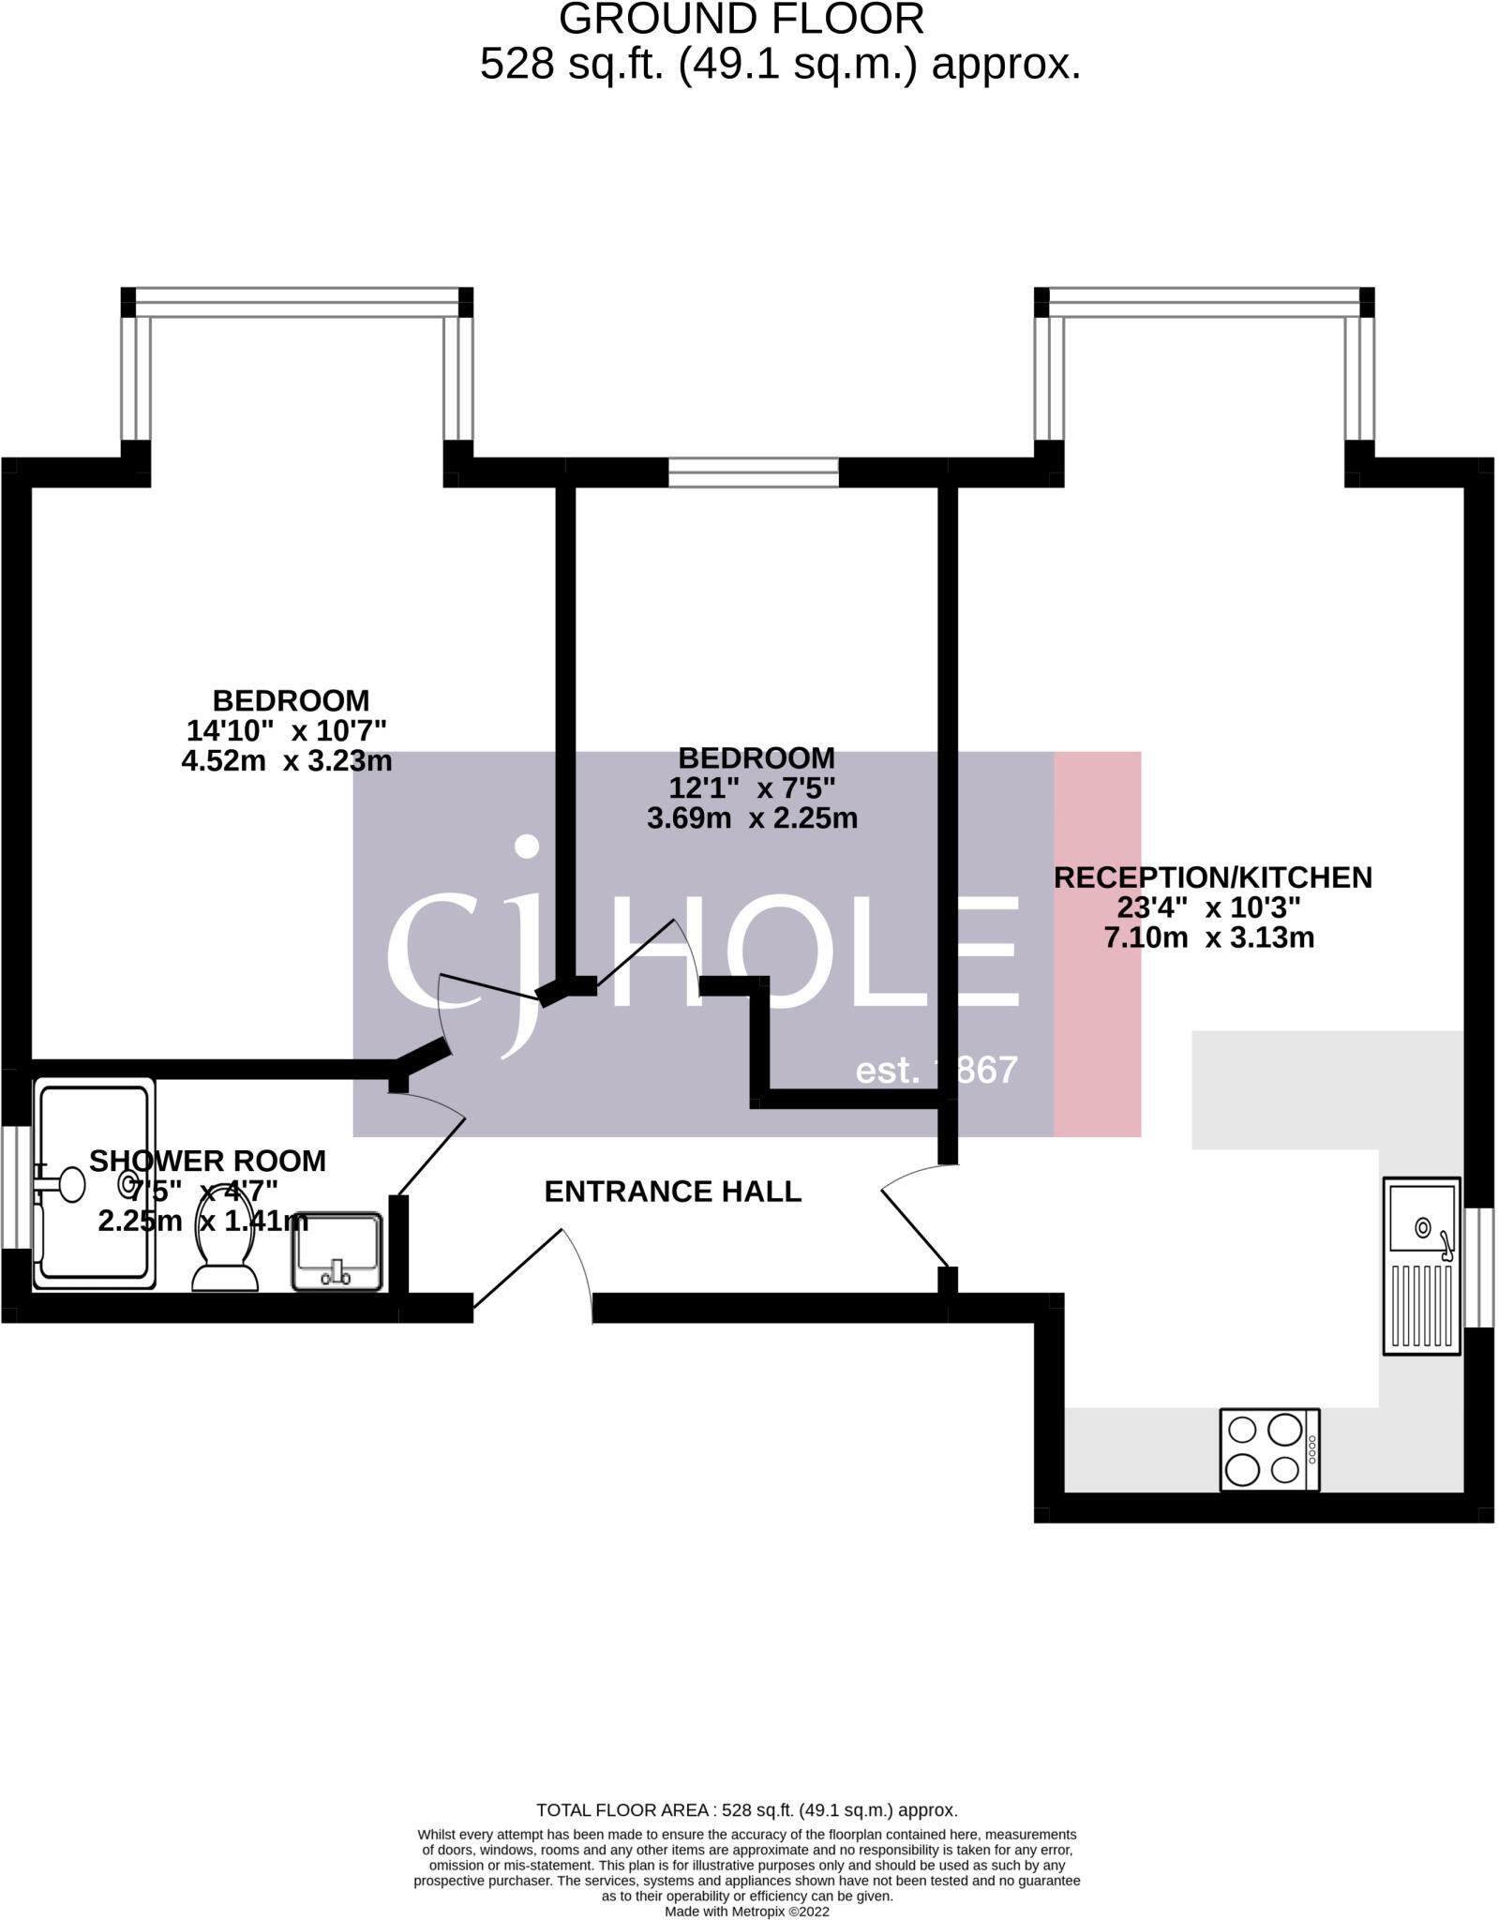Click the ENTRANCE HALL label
[672, 1192]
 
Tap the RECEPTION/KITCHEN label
[1212, 877]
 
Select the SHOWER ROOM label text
[207, 1161]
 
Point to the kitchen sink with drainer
[1421, 1266]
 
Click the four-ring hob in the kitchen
[1268, 1449]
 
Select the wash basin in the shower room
[337, 1252]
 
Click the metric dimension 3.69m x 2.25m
[752, 818]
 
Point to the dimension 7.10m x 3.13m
[1209, 937]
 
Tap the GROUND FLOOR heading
[741, 19]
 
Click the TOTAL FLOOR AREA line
[746, 1809]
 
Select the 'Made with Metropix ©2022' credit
[746, 1911]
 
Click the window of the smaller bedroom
[753, 472]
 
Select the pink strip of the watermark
[1097, 943]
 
